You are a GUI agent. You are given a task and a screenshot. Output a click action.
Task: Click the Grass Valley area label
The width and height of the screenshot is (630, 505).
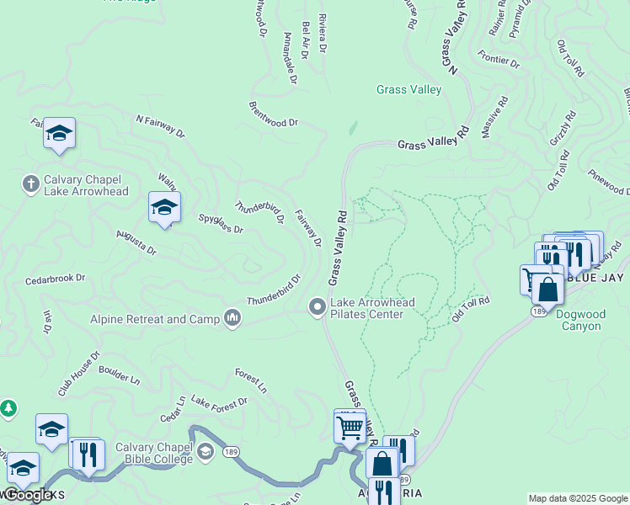tap(408, 89)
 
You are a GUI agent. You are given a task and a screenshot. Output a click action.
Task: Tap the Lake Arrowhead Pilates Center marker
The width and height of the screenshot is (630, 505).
tap(318, 307)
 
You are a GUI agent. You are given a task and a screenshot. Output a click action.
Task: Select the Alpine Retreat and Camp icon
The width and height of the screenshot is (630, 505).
tap(233, 318)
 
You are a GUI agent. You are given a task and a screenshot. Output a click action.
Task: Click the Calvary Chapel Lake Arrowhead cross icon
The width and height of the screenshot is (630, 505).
tap(30, 183)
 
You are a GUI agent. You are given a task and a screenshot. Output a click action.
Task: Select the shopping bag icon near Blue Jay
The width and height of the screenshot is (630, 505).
tap(547, 290)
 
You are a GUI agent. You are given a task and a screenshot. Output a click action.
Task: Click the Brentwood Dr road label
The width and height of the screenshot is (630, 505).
tap(274, 117)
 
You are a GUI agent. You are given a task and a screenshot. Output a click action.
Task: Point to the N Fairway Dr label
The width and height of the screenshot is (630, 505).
tap(160, 126)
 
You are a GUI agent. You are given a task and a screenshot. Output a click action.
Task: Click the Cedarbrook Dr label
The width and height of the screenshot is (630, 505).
tap(56, 278)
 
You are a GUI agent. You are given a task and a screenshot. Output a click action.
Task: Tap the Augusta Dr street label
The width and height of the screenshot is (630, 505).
tap(136, 242)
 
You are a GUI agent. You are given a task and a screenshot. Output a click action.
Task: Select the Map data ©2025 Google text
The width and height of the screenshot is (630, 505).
tap(578, 498)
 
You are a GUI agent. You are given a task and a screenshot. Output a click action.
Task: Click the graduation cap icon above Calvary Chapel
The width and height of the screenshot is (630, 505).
tap(59, 132)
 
